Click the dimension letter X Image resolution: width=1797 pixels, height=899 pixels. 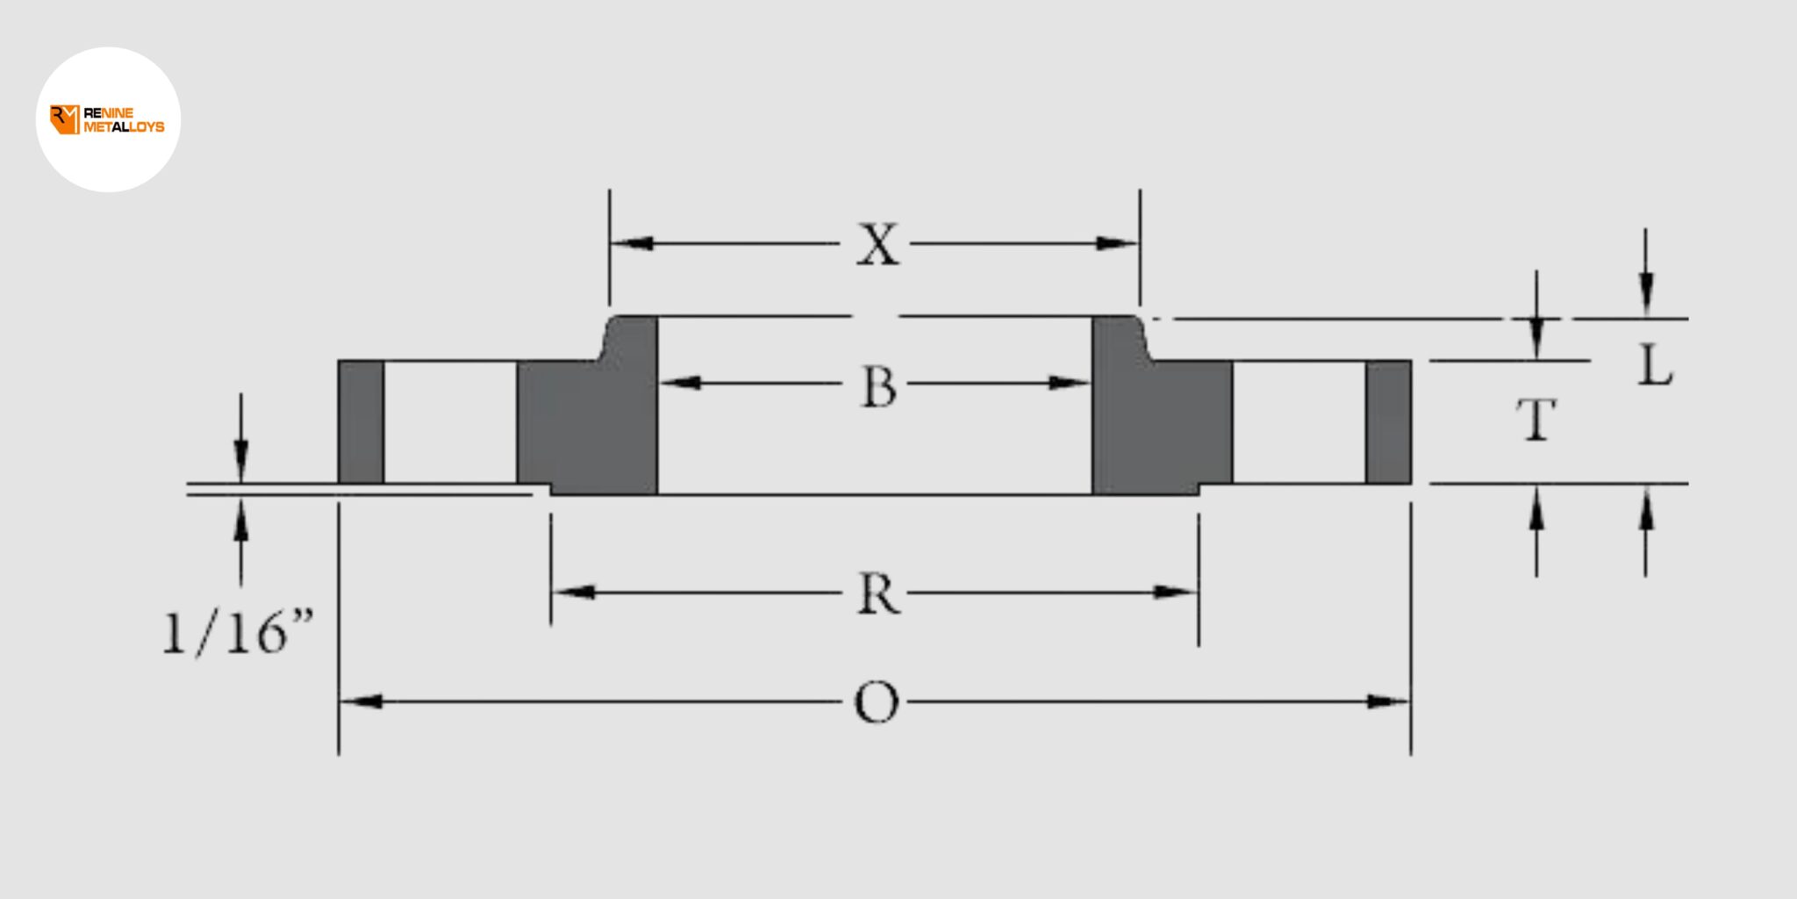[878, 244]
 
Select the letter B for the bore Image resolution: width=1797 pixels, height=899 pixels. [878, 386]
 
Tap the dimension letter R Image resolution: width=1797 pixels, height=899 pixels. [878, 593]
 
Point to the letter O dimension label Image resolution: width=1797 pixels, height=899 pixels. [877, 703]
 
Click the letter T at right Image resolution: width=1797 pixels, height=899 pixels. [1536, 419]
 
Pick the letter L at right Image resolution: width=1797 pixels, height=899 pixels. [1655, 365]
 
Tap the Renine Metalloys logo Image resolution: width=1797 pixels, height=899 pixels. [108, 120]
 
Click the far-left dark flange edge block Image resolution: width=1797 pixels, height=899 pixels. [361, 421]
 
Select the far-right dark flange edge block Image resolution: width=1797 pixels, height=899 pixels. [1388, 421]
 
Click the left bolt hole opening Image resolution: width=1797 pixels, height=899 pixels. [449, 421]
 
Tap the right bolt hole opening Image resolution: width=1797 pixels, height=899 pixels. [1299, 421]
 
